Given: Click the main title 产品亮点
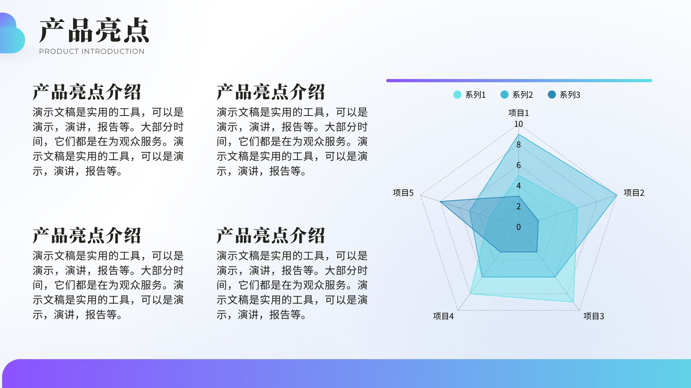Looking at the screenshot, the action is tap(94, 30).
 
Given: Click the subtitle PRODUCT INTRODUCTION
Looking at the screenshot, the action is tap(92, 51).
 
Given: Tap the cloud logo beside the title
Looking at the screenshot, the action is tap(12, 33).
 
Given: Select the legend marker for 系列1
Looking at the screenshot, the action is tap(457, 94).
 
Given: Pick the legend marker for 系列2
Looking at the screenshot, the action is tap(504, 94).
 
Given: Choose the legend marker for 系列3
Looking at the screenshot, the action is tap(552, 94).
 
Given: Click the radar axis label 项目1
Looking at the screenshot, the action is tap(519, 113).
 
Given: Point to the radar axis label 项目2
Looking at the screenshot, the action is tap(634, 193).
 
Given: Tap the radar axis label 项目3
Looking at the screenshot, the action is tap(593, 316).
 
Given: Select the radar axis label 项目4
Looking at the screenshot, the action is tap(443, 316).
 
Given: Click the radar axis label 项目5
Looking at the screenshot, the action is tap(403, 193).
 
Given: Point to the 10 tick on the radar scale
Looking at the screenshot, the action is tap(518, 124).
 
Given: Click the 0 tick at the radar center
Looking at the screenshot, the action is tap(519, 227).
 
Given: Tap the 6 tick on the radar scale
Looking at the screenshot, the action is tap(519, 166).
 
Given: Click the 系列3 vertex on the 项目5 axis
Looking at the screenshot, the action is tap(440, 202).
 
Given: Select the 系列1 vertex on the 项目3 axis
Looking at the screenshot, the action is tap(574, 302).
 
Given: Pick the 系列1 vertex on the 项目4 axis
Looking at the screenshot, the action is tap(470, 294).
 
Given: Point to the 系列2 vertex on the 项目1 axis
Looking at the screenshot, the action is tap(519, 135).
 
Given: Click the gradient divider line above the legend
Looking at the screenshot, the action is tap(519, 81).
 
